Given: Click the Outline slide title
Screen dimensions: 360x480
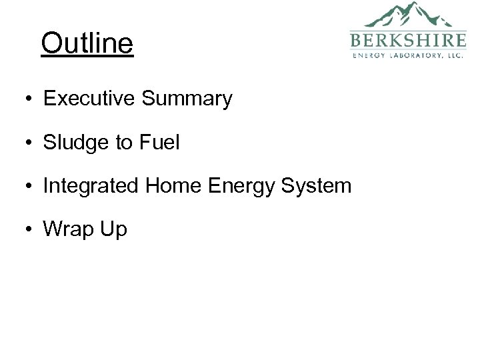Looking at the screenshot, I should point(87,44).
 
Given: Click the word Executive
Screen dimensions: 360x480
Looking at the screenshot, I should point(89,99).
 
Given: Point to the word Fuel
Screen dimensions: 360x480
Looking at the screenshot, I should point(162,142).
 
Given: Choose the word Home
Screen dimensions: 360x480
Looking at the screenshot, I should point(169,185).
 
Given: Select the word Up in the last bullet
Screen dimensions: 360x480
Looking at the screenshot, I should point(113,229).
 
